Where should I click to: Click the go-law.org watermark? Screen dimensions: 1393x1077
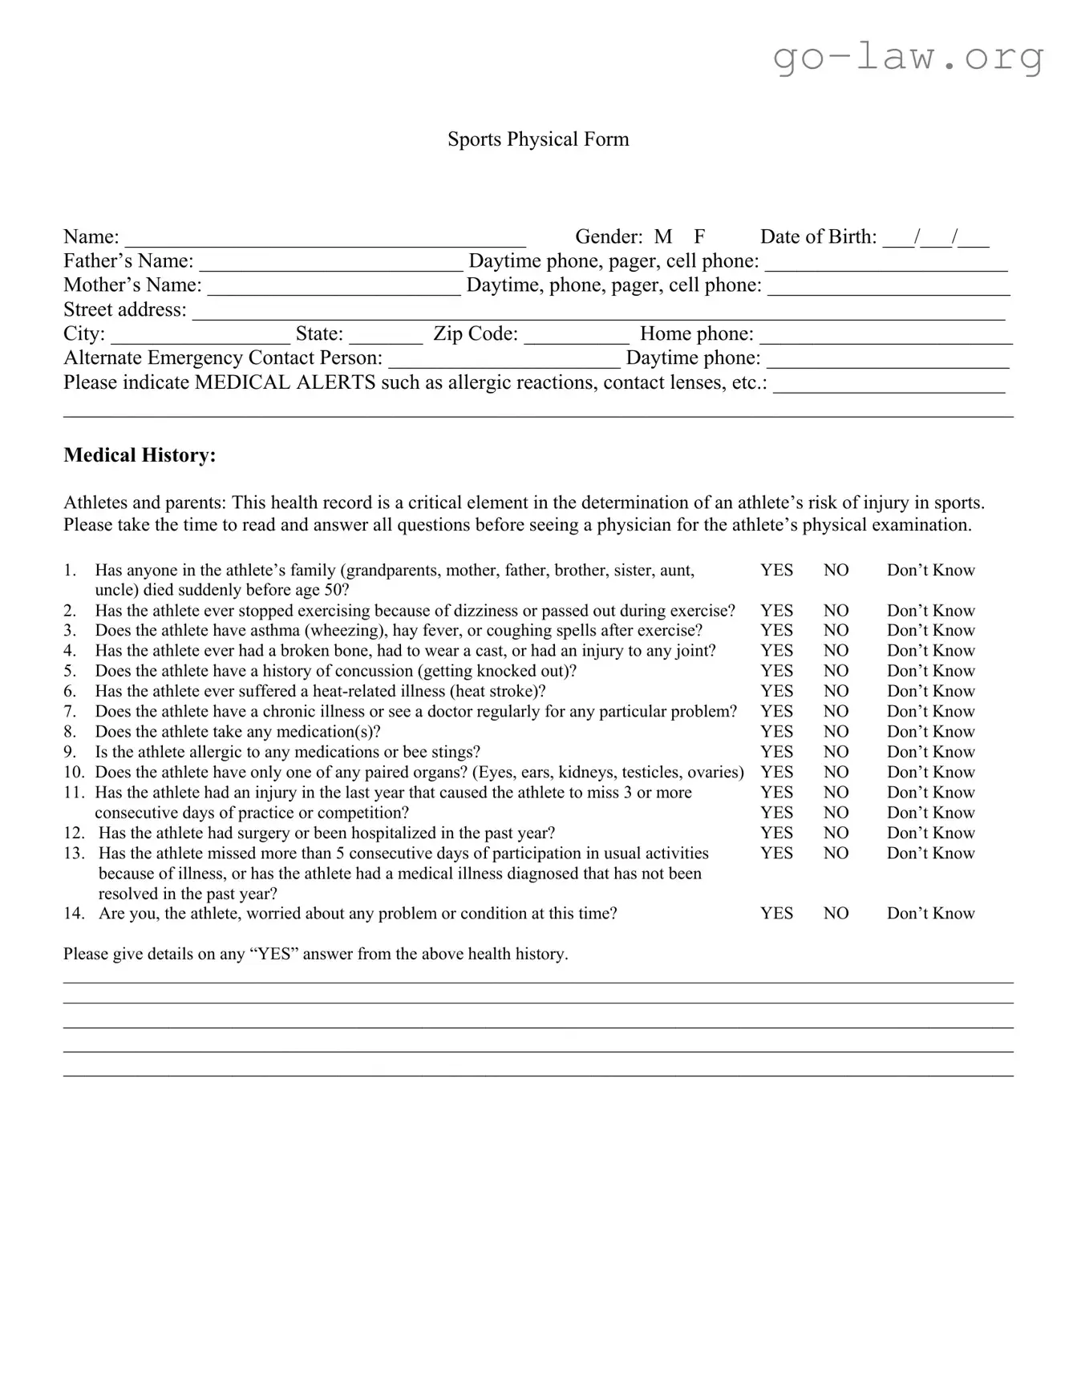pos(908,57)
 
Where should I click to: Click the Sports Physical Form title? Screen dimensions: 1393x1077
pos(537,139)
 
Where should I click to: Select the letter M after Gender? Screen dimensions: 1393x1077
pos(662,236)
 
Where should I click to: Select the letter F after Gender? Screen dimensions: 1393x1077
pos(699,236)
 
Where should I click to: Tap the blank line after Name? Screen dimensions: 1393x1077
pos(325,240)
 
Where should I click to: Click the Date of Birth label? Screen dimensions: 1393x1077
pos(818,236)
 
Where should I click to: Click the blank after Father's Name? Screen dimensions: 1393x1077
pos(330,264)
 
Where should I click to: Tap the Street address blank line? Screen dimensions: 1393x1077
pos(597,313)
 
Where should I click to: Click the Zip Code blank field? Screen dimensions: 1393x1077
pos(577,337)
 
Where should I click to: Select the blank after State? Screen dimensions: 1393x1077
pos(386,337)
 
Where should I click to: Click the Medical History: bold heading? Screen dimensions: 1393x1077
pos(140,455)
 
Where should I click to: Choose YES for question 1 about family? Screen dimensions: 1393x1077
pos(776,570)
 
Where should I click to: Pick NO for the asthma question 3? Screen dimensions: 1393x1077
pos(836,631)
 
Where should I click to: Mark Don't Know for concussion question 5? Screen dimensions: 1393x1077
pos(930,671)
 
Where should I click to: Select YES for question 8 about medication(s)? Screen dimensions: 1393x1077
pos(776,732)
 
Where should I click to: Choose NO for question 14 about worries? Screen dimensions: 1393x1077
pos(836,914)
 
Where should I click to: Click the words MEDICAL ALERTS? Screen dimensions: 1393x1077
pos(285,382)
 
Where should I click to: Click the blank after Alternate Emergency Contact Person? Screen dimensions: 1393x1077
pos(504,361)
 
